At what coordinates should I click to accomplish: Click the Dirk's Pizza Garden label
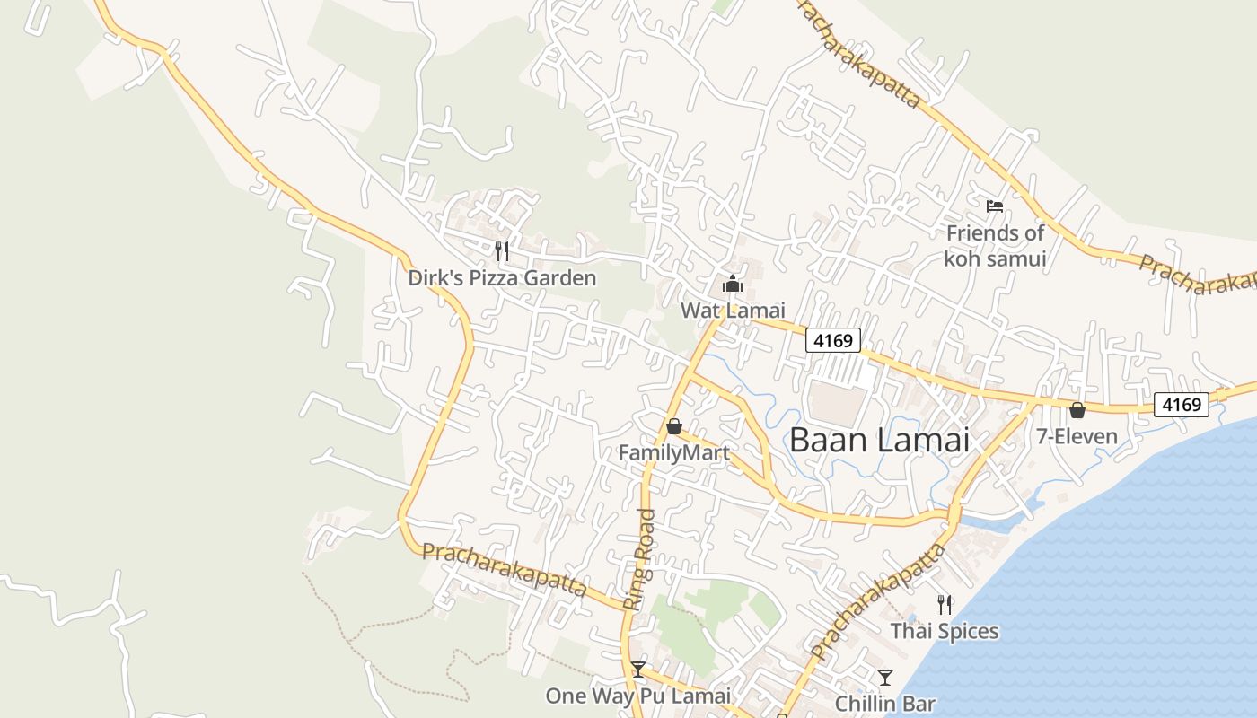click(x=502, y=278)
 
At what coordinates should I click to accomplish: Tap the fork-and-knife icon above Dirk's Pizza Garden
click(x=502, y=250)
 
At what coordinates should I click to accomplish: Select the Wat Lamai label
click(x=733, y=311)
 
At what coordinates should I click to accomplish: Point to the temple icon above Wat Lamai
click(x=733, y=285)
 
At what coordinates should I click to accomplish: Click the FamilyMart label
click(x=673, y=453)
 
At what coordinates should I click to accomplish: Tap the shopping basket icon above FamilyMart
click(x=673, y=426)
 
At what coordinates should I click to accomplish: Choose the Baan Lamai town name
click(x=880, y=440)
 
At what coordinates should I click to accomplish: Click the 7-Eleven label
click(x=1077, y=437)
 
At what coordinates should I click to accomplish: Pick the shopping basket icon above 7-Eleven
click(x=1077, y=411)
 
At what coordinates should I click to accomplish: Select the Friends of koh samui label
click(x=995, y=246)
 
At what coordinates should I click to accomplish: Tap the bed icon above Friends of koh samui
click(x=995, y=206)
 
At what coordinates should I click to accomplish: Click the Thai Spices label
click(x=945, y=631)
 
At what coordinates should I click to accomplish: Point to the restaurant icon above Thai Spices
click(x=944, y=604)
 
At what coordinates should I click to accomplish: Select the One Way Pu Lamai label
click(x=638, y=696)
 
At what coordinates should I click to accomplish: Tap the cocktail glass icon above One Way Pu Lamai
click(x=638, y=670)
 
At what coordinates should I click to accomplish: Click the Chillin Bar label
click(x=885, y=704)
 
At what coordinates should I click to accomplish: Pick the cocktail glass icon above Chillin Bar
click(x=885, y=678)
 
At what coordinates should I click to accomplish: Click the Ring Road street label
click(x=640, y=560)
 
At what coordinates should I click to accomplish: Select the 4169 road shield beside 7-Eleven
click(x=1181, y=405)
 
